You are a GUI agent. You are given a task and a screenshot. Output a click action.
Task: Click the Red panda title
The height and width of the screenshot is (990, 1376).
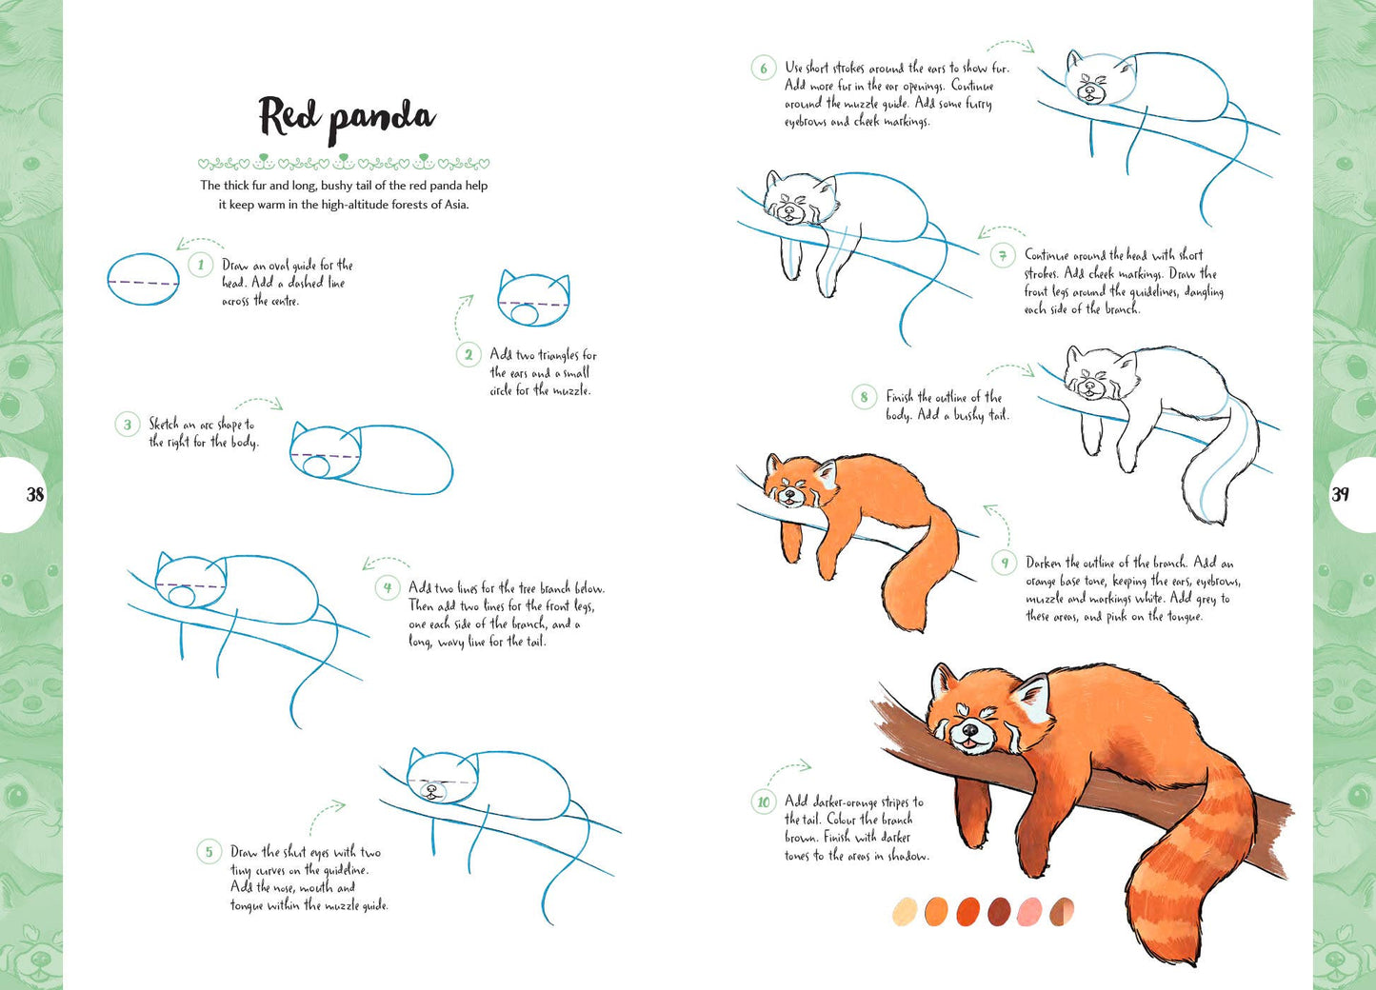[347, 118]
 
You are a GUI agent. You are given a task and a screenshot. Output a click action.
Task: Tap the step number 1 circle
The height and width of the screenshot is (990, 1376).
[200, 265]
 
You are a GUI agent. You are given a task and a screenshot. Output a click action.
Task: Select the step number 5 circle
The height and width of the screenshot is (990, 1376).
[209, 851]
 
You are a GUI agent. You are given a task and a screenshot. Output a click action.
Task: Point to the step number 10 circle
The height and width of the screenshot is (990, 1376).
[763, 802]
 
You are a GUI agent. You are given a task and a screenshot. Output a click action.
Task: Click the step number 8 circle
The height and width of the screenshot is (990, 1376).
[864, 397]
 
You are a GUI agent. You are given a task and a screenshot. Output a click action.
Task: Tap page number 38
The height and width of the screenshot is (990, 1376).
[35, 494]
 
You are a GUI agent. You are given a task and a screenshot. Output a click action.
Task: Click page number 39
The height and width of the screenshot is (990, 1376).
[1340, 494]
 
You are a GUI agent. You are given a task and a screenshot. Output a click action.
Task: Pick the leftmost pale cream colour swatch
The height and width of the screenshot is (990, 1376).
[905, 911]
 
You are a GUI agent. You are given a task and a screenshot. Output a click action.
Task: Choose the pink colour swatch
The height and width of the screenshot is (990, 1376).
[1030, 911]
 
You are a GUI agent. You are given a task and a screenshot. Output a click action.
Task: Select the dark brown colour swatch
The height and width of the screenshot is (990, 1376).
[999, 911]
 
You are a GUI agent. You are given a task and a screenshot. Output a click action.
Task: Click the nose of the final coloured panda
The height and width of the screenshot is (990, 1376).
[968, 728]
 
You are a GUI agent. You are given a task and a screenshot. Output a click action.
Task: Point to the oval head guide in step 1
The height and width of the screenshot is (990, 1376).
[143, 279]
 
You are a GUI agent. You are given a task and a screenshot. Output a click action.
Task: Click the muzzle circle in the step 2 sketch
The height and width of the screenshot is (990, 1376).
[522, 311]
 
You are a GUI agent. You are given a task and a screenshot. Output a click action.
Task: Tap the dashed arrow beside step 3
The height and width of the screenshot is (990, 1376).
[259, 403]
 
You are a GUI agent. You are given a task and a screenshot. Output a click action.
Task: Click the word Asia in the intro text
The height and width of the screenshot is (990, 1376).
[452, 205]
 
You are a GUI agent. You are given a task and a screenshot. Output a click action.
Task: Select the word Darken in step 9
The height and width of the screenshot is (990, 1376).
[1044, 563]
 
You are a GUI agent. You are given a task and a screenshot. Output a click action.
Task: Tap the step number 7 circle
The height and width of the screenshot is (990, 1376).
[1002, 255]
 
